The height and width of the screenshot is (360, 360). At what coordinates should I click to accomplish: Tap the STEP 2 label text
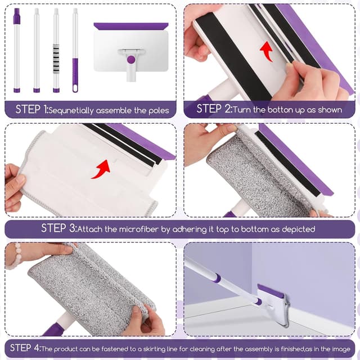[213, 109]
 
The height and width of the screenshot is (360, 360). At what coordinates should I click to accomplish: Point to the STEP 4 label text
[24, 348]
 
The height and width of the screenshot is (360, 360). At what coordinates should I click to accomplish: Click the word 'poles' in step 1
[156, 110]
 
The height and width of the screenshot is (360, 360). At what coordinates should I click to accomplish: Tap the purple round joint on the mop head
[130, 59]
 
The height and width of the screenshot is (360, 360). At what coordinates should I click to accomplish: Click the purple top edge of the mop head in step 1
[130, 26]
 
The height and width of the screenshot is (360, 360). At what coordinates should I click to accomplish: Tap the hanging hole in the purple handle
[75, 88]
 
